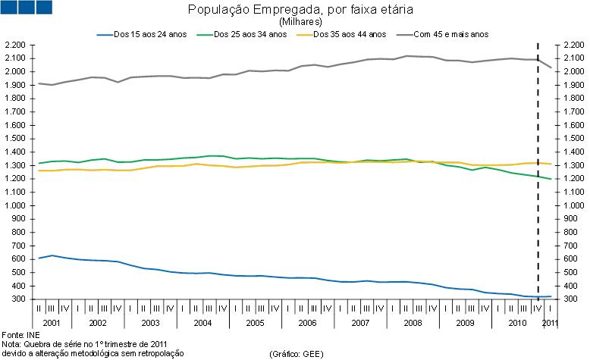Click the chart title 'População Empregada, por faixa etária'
(x=295, y=10)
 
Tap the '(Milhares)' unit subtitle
(x=295, y=22)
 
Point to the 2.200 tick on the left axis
(x=16, y=45)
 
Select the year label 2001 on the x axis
(x=52, y=324)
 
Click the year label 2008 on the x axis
(x=413, y=324)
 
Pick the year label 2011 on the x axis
(x=550, y=324)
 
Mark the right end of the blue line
(x=551, y=296)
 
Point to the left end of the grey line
(x=39, y=83)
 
